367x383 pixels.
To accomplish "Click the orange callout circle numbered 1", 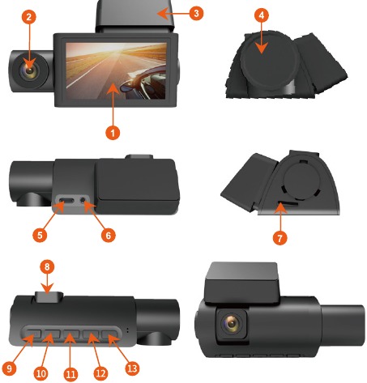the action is coord(113,133).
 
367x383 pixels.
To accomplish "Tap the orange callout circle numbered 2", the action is coord(29,17).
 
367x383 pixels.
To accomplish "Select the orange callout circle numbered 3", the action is coord(196,13).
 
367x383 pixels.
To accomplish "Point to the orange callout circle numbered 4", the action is coord(262,15).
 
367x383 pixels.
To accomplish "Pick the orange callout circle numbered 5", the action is coord(40,235).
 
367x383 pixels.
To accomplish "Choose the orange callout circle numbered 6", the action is coord(108,235).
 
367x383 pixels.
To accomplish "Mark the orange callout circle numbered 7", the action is coord(280,238).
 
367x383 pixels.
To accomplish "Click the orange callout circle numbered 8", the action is coord(47,267).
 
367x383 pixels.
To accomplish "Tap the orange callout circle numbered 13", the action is coord(132,368).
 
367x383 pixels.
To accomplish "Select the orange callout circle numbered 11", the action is coord(70,374).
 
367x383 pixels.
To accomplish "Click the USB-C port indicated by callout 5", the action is coord(66,201).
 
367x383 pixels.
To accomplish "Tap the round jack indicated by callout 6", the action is coord(83,200).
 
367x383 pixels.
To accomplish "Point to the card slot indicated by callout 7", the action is coord(288,202).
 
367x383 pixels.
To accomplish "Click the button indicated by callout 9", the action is coord(32,334).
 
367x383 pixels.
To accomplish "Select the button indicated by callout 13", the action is coord(110,334).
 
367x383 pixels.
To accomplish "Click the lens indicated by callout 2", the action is coord(29,70).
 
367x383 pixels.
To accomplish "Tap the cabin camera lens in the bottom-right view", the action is coord(232,323).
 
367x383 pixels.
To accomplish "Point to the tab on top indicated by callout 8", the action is coord(49,296).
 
